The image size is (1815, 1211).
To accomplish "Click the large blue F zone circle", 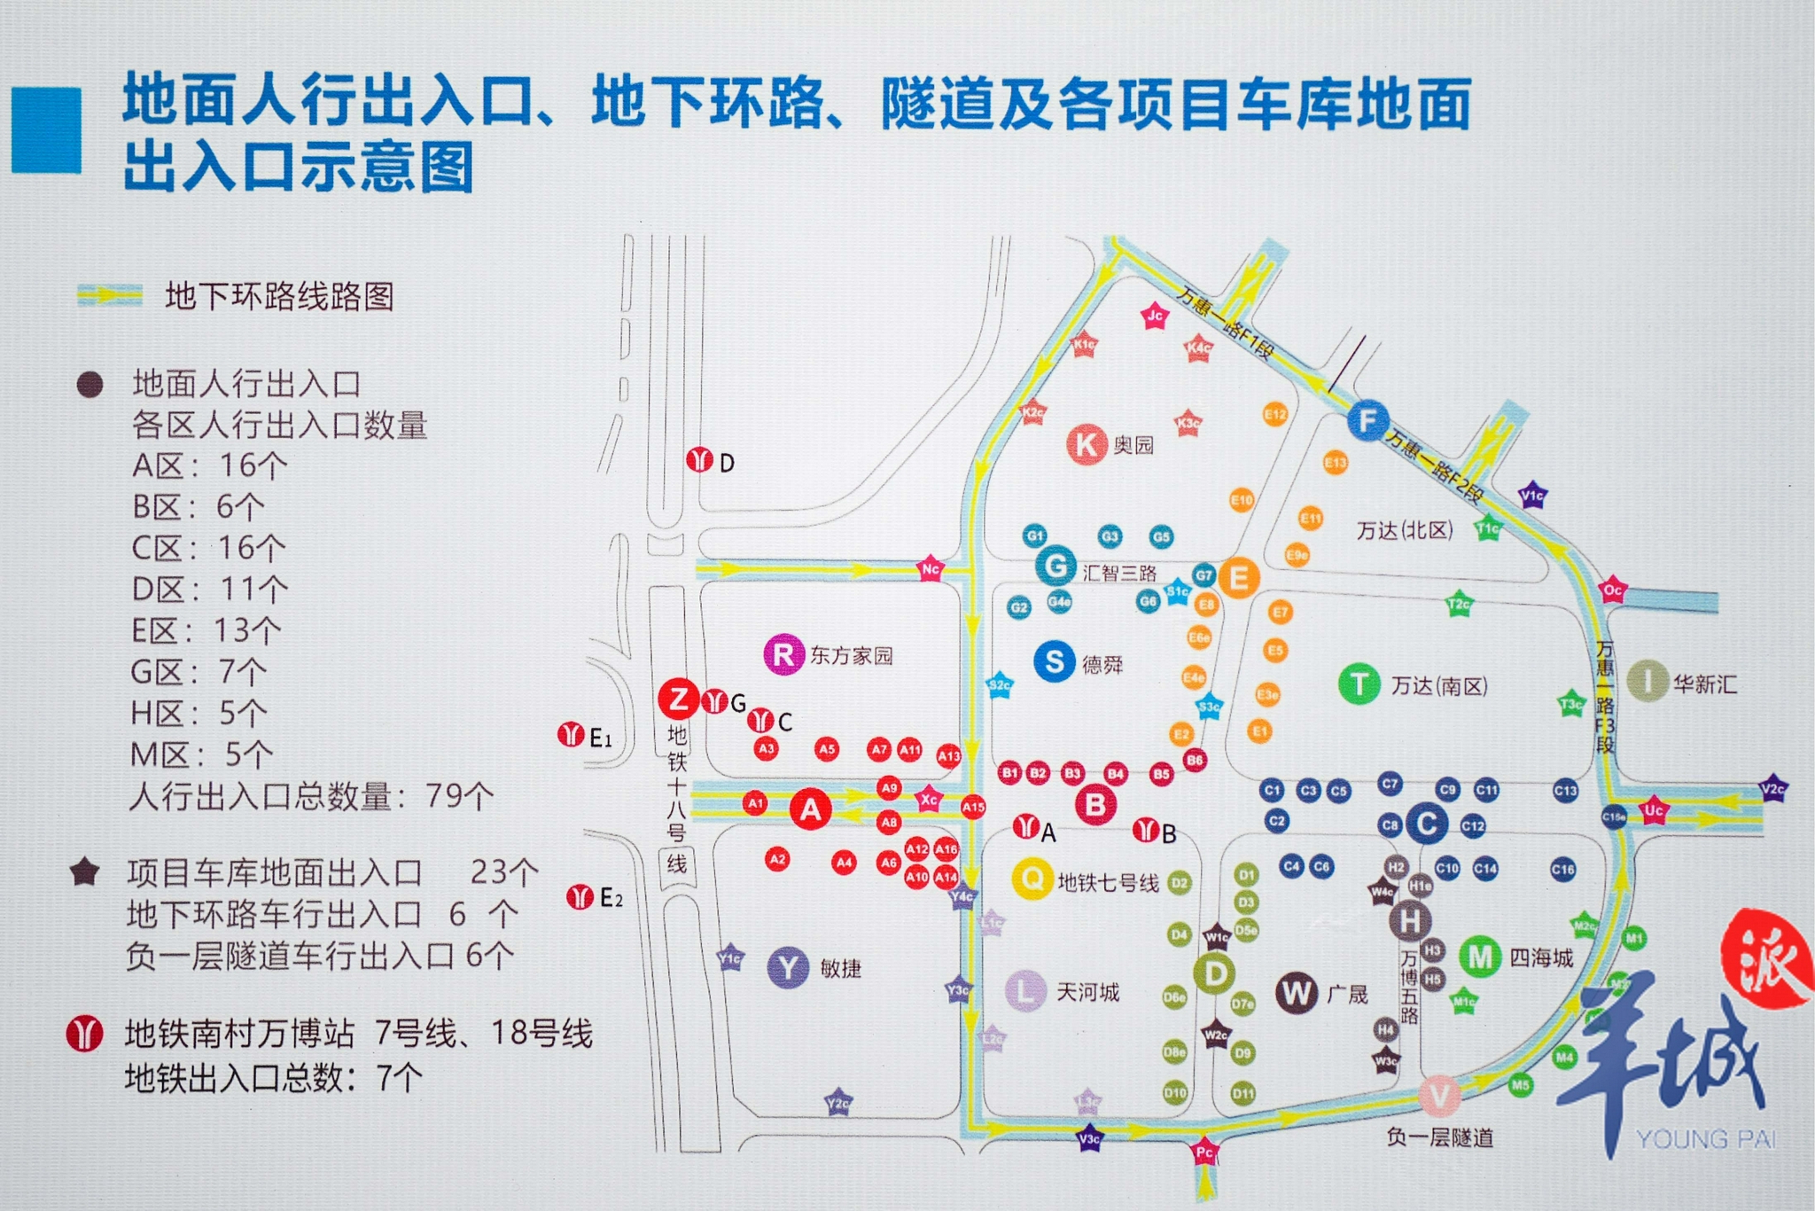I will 1367,420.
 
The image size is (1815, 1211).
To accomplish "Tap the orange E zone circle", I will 1238,578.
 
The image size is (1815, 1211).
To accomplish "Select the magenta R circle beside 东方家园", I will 783,655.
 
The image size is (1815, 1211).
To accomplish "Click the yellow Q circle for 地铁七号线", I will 1032,879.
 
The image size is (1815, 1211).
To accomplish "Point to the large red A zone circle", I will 810,809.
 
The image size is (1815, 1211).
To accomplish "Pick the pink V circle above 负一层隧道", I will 1439,1096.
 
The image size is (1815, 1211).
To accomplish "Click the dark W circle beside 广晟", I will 1297,993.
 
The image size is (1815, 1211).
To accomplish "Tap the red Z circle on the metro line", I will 679,699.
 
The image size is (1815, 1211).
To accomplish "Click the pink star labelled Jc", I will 1155,316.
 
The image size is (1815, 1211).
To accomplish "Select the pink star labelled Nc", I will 930,569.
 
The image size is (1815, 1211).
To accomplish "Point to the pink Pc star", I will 1204,1152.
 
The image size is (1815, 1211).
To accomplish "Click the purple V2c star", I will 1772,788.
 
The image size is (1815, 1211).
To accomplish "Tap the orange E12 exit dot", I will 1275,414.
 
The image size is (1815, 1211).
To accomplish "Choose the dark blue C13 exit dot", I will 1565,791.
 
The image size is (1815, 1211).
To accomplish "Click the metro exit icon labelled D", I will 700,460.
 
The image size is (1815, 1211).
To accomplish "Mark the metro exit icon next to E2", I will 580,897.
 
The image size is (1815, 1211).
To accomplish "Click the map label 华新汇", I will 1704,684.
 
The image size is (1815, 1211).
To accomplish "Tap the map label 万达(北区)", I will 1405,530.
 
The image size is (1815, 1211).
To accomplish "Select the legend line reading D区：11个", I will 210,589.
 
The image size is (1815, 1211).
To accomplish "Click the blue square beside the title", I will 46,129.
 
